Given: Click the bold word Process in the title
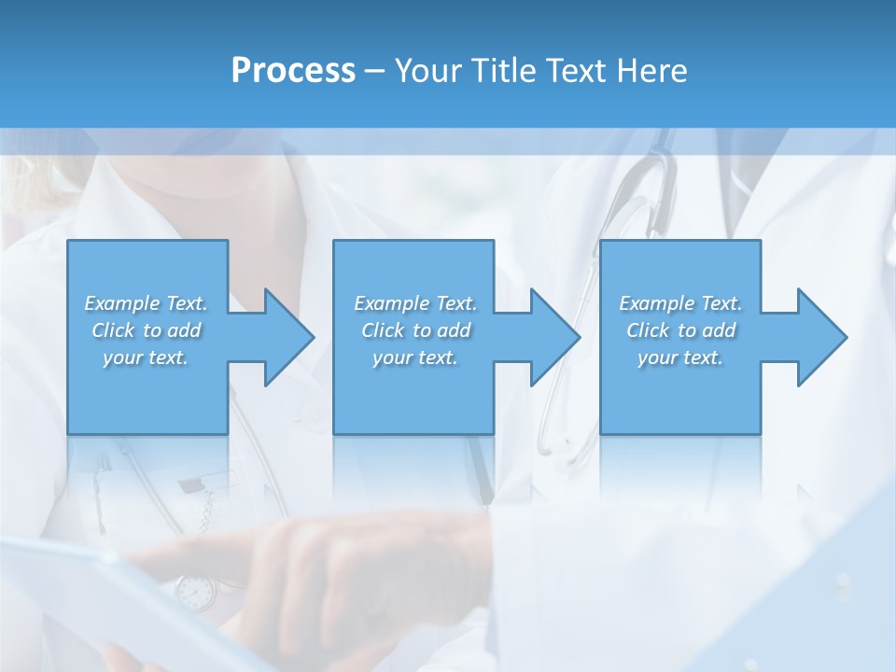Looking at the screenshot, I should point(293,71).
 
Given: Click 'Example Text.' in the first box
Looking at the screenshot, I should point(146,303).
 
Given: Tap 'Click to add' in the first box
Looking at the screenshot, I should point(146,330).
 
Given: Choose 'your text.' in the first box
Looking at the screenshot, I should point(146,357).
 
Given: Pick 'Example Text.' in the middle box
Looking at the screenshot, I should point(415,303).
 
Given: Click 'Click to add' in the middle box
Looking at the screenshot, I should point(415,330).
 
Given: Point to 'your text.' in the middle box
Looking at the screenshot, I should point(415,357).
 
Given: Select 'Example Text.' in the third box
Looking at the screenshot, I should point(680,303).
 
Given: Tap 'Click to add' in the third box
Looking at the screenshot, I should point(680,330).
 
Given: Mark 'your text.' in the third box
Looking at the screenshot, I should point(680,357).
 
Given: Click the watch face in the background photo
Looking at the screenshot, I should point(195,591).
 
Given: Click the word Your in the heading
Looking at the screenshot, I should point(428,71).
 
